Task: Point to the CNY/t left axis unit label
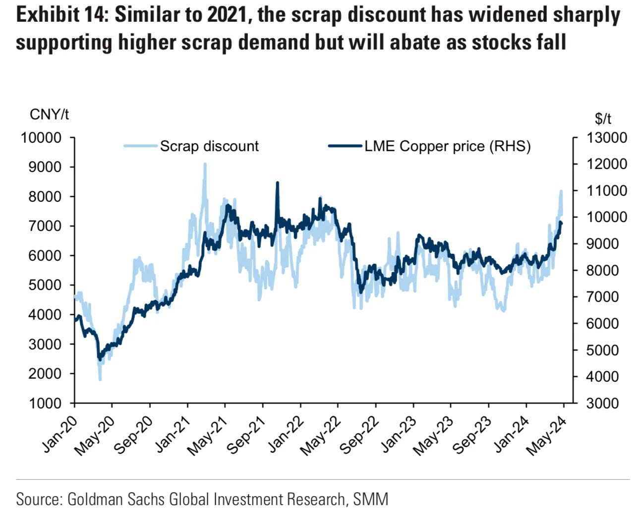pyautogui.click(x=50, y=115)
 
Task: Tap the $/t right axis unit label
pyautogui.click(x=603, y=118)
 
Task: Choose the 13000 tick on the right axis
pyautogui.click(x=606, y=138)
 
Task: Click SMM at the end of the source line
pyautogui.click(x=370, y=499)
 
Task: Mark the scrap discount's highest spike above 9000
pyautogui.click(x=205, y=165)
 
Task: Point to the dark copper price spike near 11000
pyautogui.click(x=277, y=183)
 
